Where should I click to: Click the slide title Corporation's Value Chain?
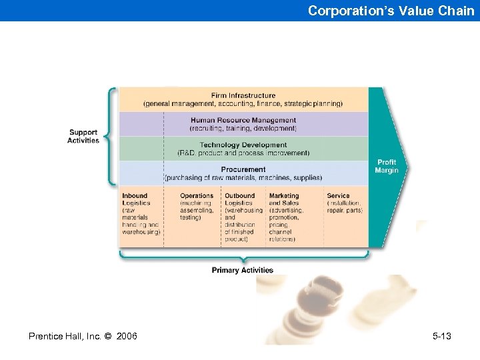(x=391, y=11)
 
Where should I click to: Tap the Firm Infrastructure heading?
(x=243, y=95)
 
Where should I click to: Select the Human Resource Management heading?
(x=243, y=120)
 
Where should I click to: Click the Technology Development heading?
(x=243, y=145)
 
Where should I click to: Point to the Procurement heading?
(x=243, y=170)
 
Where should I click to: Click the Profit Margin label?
(x=387, y=166)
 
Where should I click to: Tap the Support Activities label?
(x=83, y=136)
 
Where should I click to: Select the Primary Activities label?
(x=243, y=270)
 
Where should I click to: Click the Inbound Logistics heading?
(x=136, y=199)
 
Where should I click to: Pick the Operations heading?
(x=197, y=196)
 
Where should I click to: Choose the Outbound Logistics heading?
(x=239, y=199)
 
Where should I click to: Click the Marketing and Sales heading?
(x=284, y=199)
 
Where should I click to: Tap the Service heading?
(x=338, y=196)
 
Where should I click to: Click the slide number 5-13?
(x=442, y=336)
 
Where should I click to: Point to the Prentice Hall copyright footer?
(x=83, y=336)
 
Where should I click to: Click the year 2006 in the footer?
(x=127, y=336)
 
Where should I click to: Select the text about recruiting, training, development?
(x=243, y=128)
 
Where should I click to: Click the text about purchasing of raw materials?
(x=243, y=178)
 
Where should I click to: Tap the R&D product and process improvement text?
(x=243, y=153)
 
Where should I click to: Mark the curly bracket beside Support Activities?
(x=111, y=136)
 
